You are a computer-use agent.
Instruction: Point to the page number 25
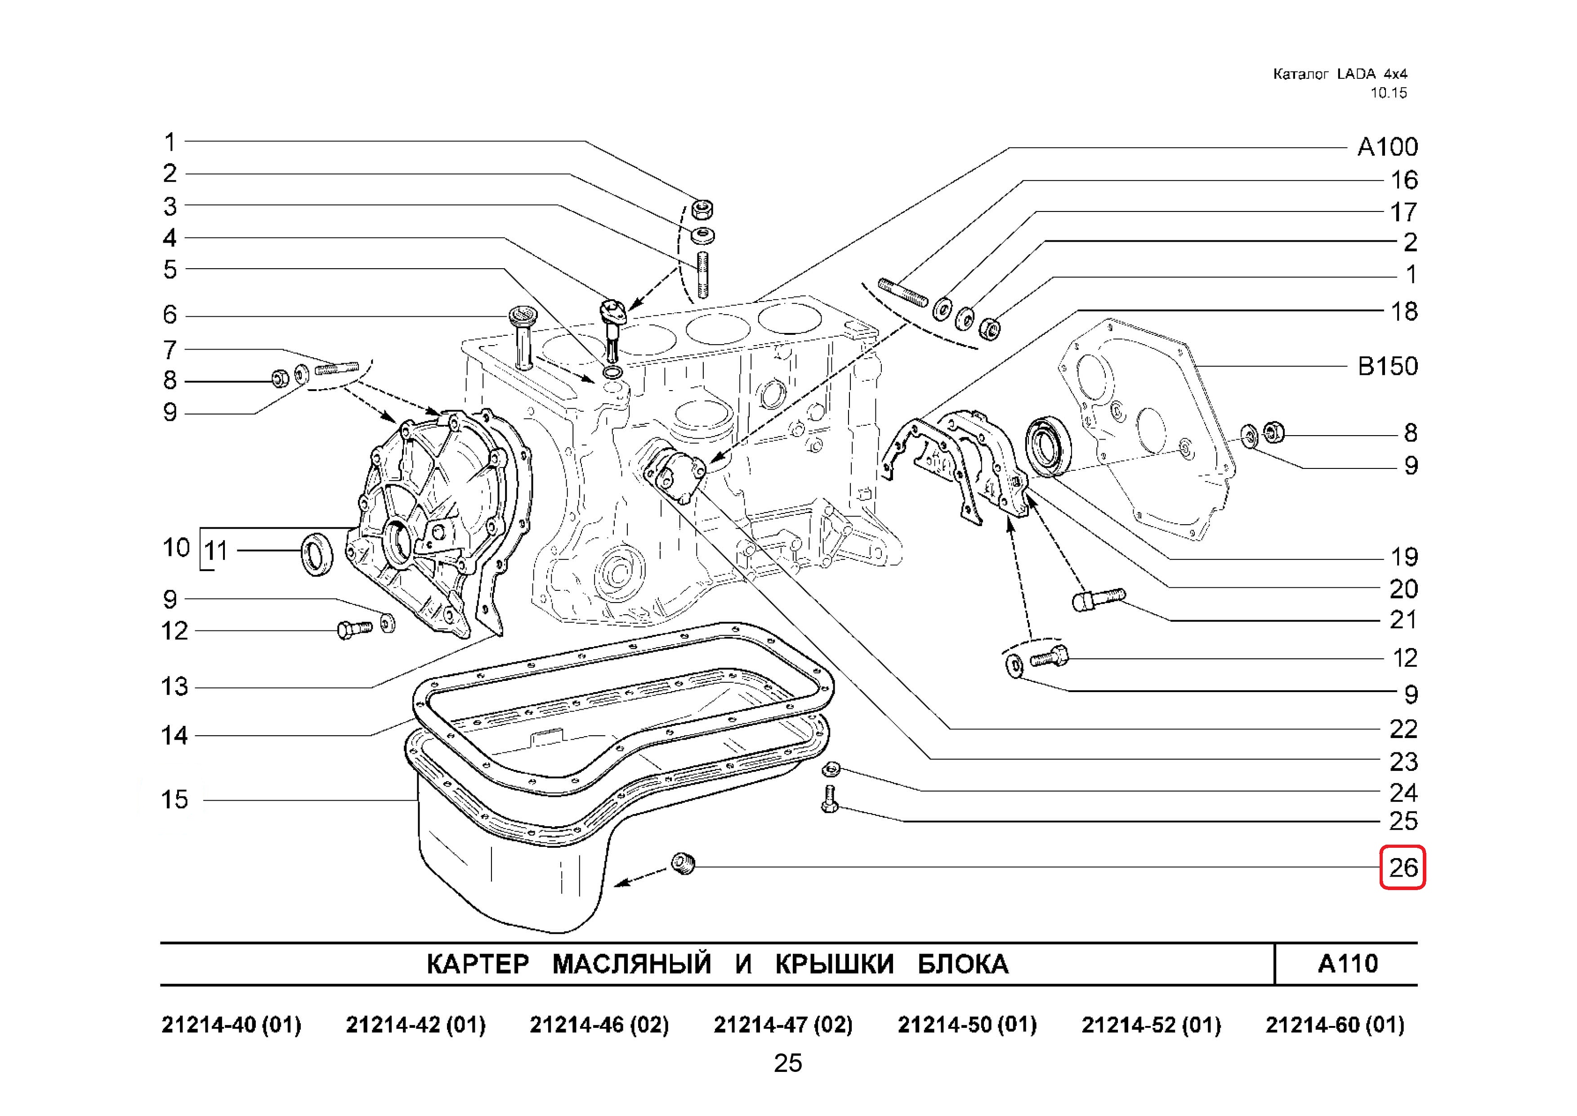tap(788, 1063)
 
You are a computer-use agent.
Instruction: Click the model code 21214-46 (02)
tap(599, 1025)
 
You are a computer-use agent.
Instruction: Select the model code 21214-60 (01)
tap(1335, 1025)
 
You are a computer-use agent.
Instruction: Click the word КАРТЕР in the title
tap(478, 964)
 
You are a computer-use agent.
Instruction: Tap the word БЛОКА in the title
tap(963, 964)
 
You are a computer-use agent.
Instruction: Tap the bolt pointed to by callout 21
tap(1098, 598)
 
